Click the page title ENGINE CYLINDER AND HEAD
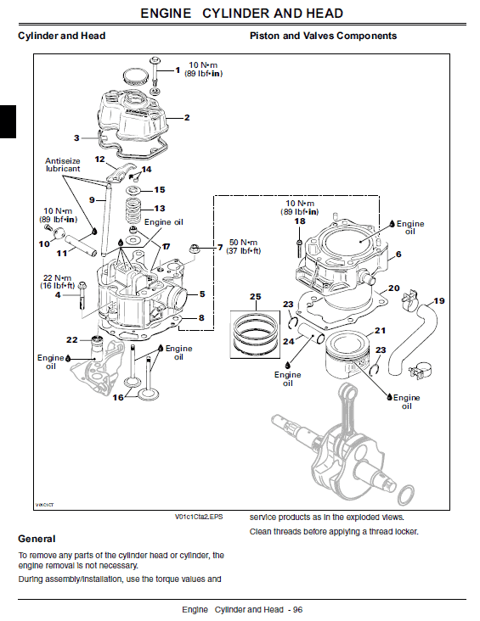point(241,14)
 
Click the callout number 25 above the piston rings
point(254,296)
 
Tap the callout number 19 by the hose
point(438,301)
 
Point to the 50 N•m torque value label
point(244,246)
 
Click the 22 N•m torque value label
point(59,282)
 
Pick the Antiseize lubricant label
point(63,164)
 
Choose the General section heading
point(37,539)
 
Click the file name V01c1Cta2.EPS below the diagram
point(200,516)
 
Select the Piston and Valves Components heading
point(323,36)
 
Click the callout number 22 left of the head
point(72,339)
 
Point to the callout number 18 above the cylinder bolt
point(299,221)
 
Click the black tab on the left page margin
point(8,121)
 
